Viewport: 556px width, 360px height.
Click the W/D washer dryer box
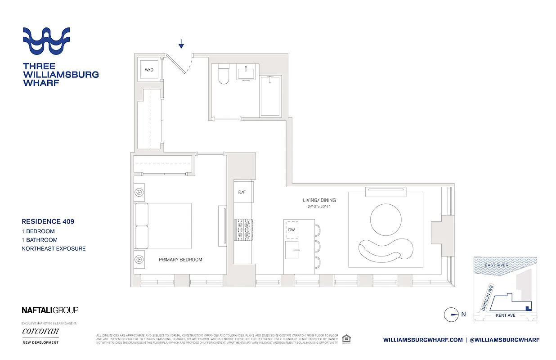tap(148, 70)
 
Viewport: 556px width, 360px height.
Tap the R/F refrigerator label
tap(242, 192)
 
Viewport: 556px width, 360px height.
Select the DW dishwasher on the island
tap(292, 230)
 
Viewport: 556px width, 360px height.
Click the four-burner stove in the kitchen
tap(243, 228)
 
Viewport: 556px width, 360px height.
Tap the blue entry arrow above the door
tap(181, 44)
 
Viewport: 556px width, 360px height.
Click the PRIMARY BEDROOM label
tap(180, 260)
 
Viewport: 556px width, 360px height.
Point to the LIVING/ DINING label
tap(319, 200)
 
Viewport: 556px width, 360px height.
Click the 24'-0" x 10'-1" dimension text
tap(319, 207)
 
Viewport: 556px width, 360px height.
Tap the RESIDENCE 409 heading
tap(48, 221)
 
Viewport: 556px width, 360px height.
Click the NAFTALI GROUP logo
tap(50, 310)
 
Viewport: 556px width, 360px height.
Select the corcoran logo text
tap(40, 332)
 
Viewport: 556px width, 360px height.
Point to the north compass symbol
tap(451, 315)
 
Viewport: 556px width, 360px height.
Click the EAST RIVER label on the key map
tap(497, 265)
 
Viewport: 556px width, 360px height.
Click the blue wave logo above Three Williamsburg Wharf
tap(46, 41)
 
